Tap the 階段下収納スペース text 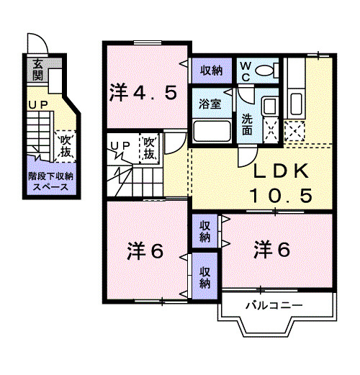[50, 181]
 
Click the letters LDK [280, 171]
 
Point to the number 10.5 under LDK [280, 194]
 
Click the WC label [245, 71]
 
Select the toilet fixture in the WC [268, 70]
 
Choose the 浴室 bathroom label [210, 104]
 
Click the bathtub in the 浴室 [213, 132]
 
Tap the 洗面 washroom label [247, 125]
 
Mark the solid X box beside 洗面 [271, 130]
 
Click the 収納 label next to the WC [211, 70]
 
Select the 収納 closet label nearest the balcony [205, 277]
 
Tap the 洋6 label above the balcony [271, 250]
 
